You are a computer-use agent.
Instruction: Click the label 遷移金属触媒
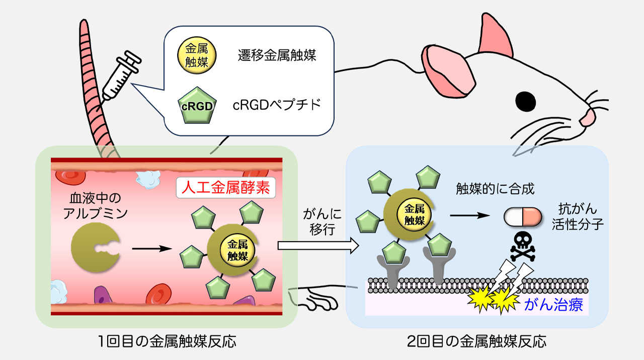click(x=277, y=55)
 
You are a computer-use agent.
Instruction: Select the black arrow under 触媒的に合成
click(x=470, y=215)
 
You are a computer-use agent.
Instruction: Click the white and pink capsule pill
click(x=523, y=217)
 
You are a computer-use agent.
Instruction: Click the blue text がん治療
click(x=553, y=304)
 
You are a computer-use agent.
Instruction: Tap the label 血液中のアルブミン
click(x=96, y=207)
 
